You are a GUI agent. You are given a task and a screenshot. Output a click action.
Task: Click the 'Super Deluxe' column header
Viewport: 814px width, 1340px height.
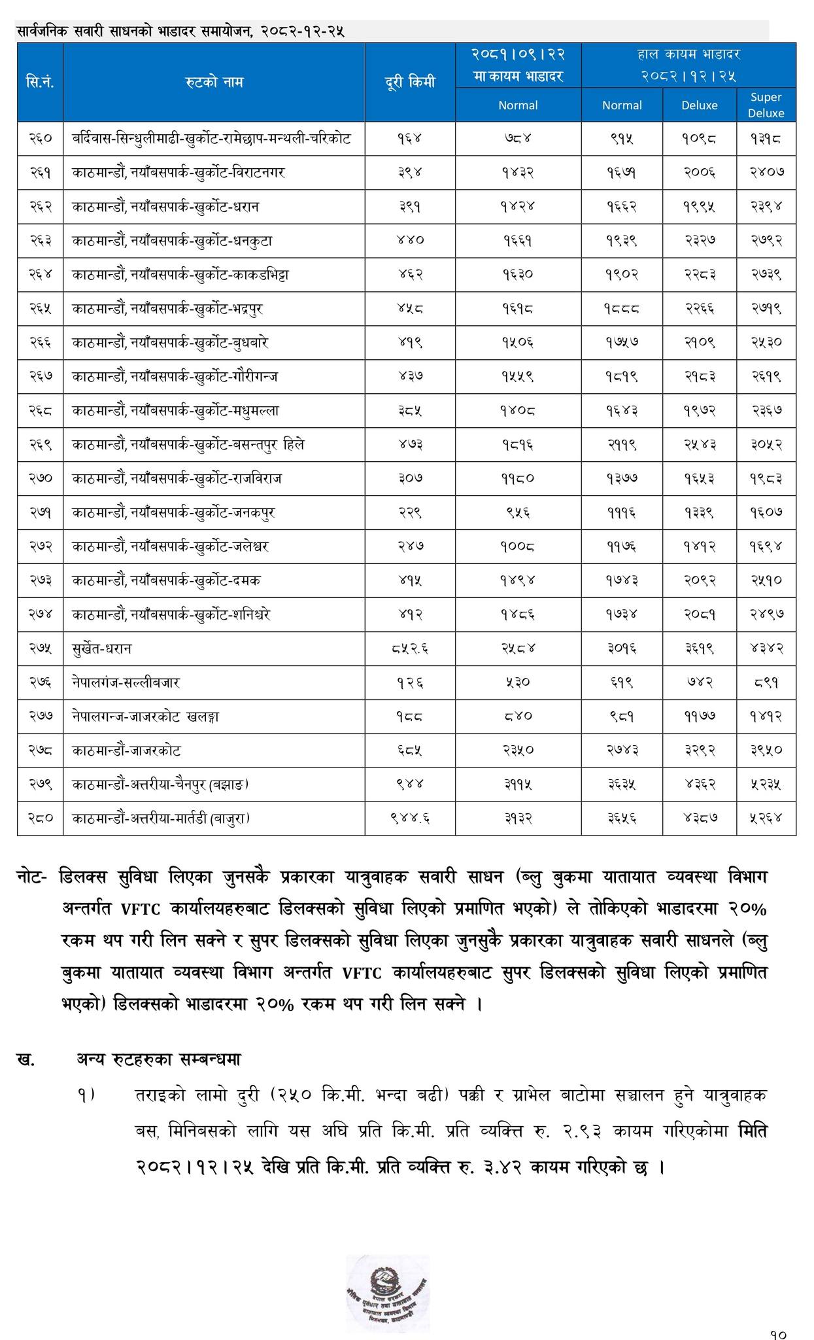click(x=766, y=105)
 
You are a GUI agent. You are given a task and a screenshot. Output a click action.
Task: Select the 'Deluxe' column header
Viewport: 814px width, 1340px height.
click(x=699, y=105)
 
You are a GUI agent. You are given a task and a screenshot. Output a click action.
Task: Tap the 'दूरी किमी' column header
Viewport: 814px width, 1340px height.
click(x=409, y=82)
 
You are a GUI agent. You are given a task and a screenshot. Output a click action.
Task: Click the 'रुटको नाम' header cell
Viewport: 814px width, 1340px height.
click(x=214, y=82)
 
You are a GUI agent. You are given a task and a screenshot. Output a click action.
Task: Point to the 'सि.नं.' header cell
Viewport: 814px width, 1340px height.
click(x=40, y=82)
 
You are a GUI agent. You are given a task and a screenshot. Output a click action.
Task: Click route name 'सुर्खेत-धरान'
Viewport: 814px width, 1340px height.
click(x=103, y=648)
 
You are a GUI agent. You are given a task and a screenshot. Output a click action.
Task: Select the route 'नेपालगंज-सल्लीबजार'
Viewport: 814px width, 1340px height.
click(x=126, y=682)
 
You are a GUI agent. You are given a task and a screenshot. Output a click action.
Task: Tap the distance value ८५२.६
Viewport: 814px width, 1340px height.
click(x=409, y=648)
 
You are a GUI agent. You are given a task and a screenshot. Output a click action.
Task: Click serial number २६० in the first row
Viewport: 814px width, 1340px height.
click(x=40, y=139)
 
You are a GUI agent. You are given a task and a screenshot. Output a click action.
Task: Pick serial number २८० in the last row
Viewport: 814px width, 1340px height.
click(x=40, y=818)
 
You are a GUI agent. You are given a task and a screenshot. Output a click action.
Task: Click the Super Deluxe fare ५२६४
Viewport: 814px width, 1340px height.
click(x=766, y=818)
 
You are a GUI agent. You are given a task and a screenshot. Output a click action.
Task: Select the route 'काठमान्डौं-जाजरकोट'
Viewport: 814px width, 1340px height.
click(x=127, y=750)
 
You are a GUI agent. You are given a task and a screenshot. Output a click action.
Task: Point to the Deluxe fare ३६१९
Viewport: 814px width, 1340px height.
click(x=699, y=648)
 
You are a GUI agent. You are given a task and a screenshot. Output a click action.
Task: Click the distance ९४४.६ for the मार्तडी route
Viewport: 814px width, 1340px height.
click(x=409, y=818)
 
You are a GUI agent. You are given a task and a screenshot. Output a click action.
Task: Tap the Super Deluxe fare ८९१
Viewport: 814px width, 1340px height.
click(x=766, y=682)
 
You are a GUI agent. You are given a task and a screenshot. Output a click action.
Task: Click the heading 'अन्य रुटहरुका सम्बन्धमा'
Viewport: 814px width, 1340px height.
click(x=159, y=1059)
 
